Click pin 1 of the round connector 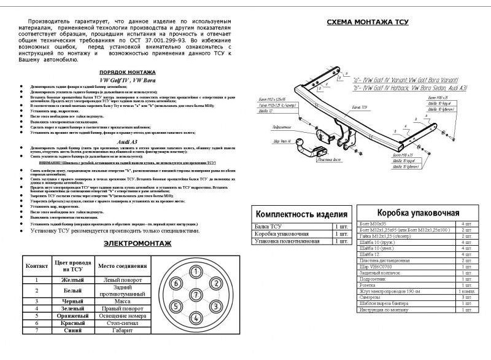(x=195, y=272)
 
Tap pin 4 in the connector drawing (x=195, y=318)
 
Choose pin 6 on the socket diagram (x=176, y=284)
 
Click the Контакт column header (x=36, y=266)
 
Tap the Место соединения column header (x=122, y=266)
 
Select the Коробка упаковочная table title (x=417, y=213)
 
